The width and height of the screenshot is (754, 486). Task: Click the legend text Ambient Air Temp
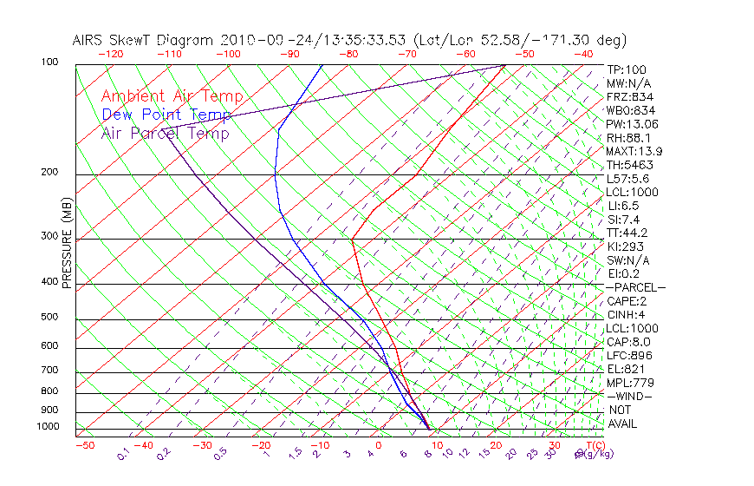point(172,96)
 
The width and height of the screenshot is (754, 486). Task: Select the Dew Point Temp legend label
point(166,115)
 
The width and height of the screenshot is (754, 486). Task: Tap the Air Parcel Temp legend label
point(166,133)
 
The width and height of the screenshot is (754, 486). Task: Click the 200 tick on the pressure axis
point(49,172)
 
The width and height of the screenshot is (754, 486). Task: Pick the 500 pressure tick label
point(49,317)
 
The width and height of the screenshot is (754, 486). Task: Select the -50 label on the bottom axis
point(84,446)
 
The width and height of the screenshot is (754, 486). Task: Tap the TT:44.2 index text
point(627,233)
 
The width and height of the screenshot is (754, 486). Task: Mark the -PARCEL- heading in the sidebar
point(635,287)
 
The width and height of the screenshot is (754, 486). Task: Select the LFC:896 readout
point(627,355)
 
